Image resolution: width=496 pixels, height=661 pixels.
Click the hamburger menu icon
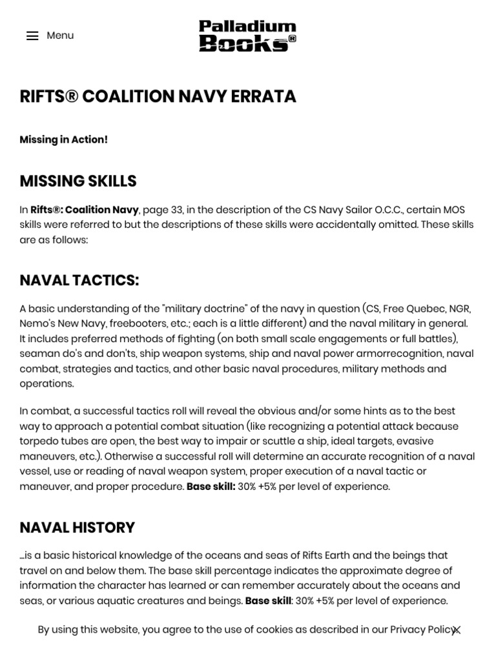(32, 36)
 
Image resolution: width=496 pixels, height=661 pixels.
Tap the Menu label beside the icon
(60, 36)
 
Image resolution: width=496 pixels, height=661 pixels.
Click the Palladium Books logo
(247, 36)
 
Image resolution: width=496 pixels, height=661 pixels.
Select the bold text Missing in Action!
(64, 139)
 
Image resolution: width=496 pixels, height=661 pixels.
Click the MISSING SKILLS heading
(78, 181)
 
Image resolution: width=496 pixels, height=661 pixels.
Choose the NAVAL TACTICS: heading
(79, 280)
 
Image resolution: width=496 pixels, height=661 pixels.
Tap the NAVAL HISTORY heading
(77, 527)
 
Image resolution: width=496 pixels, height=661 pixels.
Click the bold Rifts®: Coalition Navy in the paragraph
(85, 210)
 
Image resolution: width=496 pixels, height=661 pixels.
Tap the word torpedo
(37, 441)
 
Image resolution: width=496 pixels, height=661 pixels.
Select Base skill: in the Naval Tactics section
(211, 486)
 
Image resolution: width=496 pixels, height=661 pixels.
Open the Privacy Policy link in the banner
(424, 629)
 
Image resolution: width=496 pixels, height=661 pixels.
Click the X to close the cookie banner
(457, 631)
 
